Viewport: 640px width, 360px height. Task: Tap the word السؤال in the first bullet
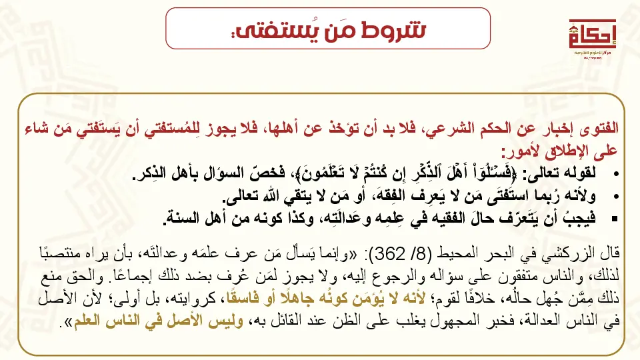219,175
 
